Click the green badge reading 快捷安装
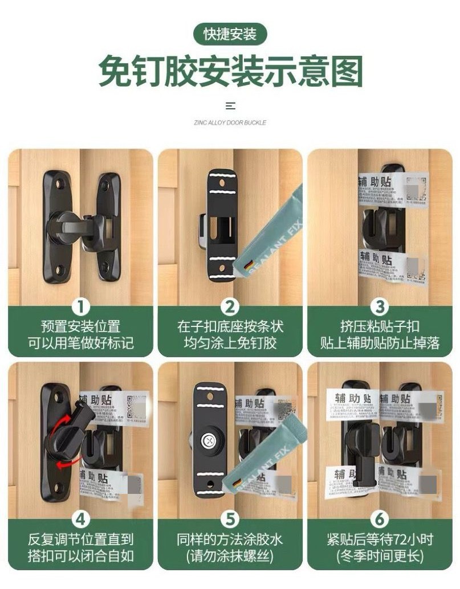click(x=230, y=34)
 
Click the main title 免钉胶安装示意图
click(x=230, y=72)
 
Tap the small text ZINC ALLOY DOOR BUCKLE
click(x=230, y=122)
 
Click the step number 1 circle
click(x=80, y=307)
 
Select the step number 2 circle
click(x=230, y=307)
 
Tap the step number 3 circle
click(x=379, y=307)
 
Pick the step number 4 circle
click(x=80, y=520)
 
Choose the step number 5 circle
click(x=230, y=520)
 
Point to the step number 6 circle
click(x=379, y=520)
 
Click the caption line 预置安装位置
click(x=80, y=326)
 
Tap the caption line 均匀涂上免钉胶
click(x=230, y=343)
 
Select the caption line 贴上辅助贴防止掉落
click(x=379, y=343)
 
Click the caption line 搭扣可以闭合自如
click(x=80, y=556)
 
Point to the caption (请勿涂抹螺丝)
click(x=230, y=556)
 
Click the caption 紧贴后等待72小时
click(x=379, y=539)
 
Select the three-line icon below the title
click(x=230, y=106)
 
